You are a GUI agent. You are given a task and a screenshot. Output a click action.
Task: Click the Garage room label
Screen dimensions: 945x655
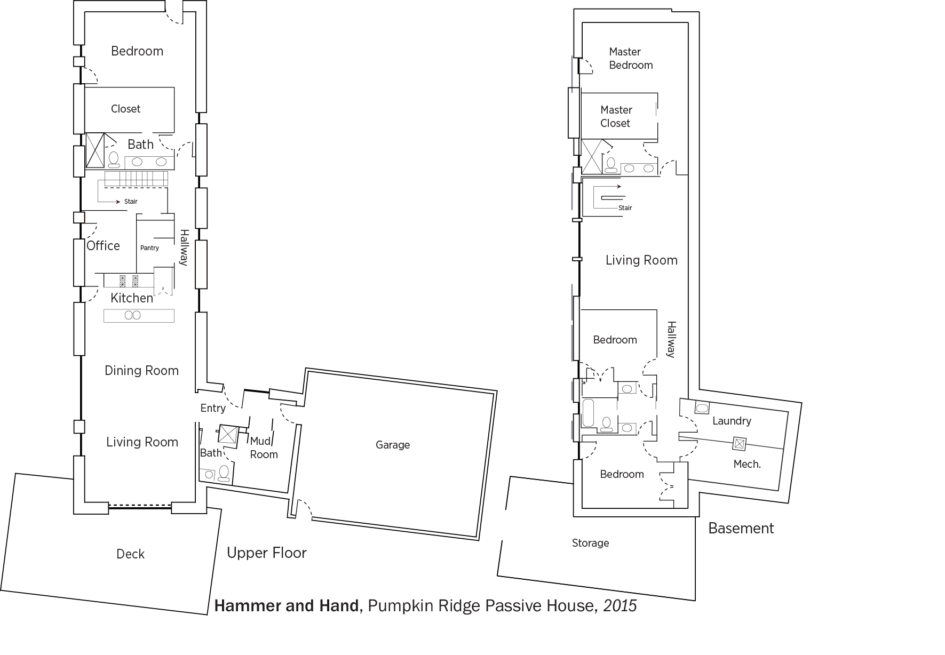coord(393,445)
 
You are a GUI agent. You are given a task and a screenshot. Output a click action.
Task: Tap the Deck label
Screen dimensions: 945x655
coord(131,554)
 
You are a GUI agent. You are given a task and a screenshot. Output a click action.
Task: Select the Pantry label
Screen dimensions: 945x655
coord(150,248)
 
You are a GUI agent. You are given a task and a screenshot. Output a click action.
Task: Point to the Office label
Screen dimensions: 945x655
coord(104,246)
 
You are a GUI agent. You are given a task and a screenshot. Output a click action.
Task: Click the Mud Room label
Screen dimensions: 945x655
coord(264,448)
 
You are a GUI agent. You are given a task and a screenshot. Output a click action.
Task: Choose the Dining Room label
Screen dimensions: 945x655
coord(142,371)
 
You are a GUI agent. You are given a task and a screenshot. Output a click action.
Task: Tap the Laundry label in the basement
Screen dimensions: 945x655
coord(732,421)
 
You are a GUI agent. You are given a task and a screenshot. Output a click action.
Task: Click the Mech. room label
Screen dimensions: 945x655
coord(747,464)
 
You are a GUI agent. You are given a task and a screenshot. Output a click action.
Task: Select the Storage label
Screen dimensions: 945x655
coord(590,543)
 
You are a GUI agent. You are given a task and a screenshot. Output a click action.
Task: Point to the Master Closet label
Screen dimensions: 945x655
coord(616,116)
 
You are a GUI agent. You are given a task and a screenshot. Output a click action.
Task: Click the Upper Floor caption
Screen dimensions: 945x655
coord(267,553)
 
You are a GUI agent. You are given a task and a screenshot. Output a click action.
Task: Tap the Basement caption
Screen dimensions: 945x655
coord(741,528)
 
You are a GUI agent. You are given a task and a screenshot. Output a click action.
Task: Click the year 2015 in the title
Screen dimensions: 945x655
coord(620,606)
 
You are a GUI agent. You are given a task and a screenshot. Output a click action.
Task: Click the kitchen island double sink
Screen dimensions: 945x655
coord(132,315)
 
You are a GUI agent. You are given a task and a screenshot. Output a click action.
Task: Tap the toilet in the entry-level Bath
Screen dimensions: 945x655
coord(224,473)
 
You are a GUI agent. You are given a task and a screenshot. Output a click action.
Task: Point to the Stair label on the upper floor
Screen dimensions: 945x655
coord(131,202)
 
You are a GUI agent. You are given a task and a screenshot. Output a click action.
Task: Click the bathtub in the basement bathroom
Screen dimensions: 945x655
coord(589,412)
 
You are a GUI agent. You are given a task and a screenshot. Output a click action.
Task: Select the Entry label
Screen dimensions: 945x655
coord(213,409)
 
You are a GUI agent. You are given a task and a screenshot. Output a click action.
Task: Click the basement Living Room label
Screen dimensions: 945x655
coord(641,260)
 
